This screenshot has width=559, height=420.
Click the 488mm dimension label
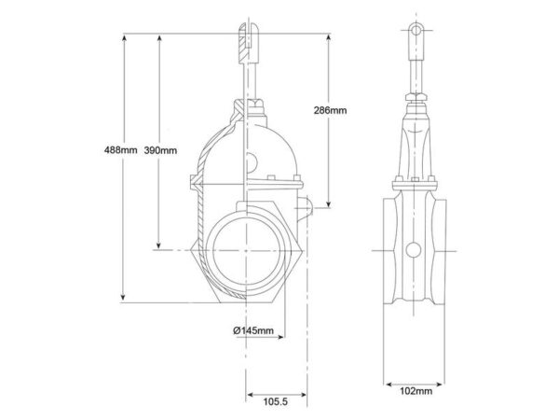[x=120, y=150]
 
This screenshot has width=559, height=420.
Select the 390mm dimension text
[x=160, y=150]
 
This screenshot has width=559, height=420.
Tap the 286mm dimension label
[x=330, y=110]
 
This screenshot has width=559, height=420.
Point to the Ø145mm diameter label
[x=253, y=330]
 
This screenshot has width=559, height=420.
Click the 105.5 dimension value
[x=275, y=401]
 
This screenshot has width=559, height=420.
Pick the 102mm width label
[x=416, y=391]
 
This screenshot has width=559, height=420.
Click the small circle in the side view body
[x=414, y=250]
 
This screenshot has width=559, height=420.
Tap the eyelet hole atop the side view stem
[x=416, y=30]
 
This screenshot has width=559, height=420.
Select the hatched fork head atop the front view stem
[x=249, y=43]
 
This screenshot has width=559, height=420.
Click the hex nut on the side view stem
[x=416, y=97]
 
